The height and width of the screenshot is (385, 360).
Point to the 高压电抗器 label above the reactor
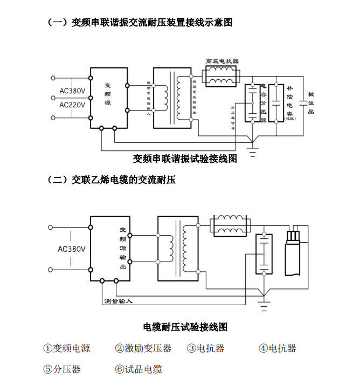pos(222,62)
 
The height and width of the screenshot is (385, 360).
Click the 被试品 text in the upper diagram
pos(311,102)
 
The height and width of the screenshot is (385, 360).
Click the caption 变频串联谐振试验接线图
pos(185,159)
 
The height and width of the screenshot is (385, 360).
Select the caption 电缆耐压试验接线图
pos(185,327)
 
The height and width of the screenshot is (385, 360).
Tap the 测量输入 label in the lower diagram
pos(118,300)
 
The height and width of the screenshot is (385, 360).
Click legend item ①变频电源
pos(67,348)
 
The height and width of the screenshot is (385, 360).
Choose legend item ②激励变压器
pos(143,348)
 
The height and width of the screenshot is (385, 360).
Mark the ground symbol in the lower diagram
pos(264,305)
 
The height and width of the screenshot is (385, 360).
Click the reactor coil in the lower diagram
pos(230,226)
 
